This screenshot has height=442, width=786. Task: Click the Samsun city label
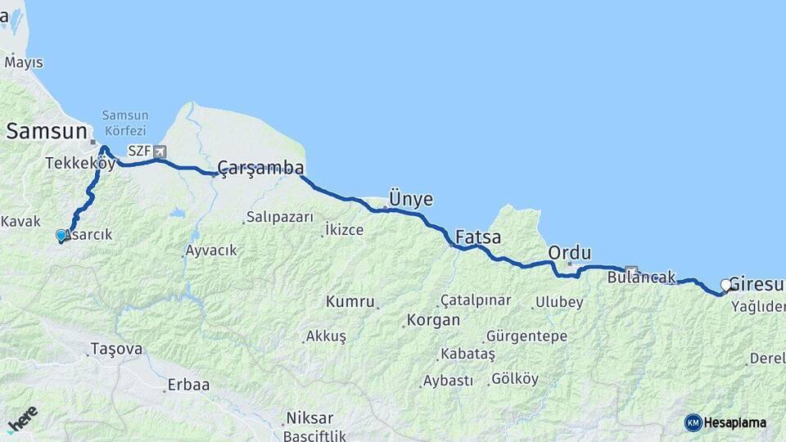46,132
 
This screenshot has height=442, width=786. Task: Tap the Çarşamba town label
260,168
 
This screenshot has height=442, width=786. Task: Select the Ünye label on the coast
410,200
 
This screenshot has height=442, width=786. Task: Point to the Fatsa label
477,238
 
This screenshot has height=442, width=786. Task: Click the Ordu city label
570,251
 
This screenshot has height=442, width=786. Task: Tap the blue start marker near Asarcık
61,236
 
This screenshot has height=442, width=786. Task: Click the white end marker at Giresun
725,285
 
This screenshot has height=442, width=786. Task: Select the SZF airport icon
159,151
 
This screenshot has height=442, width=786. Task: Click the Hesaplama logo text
734,423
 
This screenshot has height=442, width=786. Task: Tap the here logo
22,418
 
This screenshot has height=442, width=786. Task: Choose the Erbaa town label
188,385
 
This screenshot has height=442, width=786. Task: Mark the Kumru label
350,301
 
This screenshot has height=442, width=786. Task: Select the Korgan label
432,320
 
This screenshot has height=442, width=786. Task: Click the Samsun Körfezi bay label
124,123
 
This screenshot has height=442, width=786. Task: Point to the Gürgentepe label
526,336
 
